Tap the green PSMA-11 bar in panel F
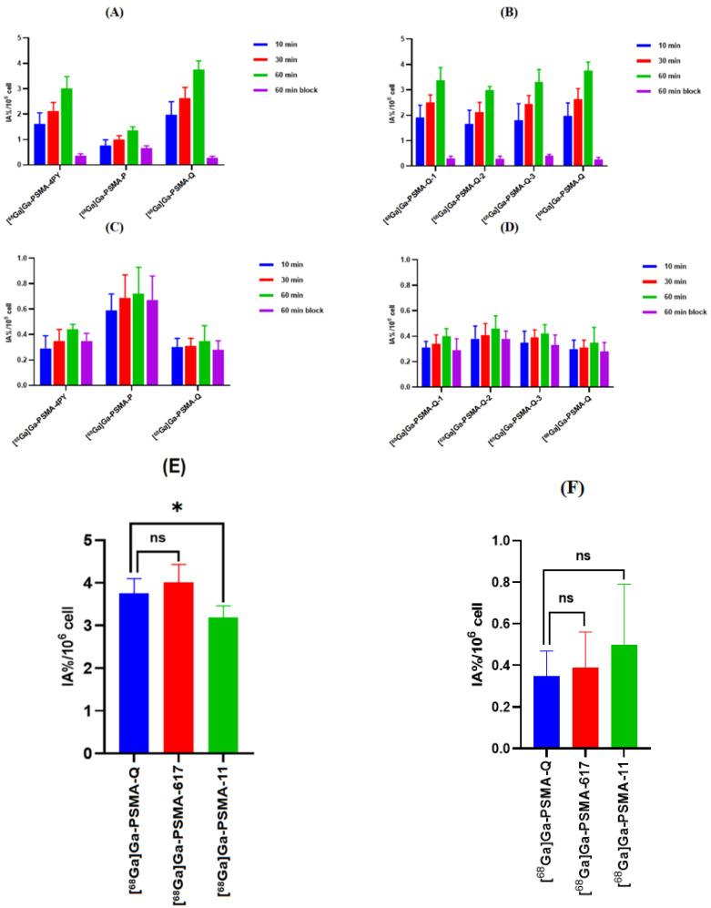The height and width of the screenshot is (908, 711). tap(624, 697)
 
